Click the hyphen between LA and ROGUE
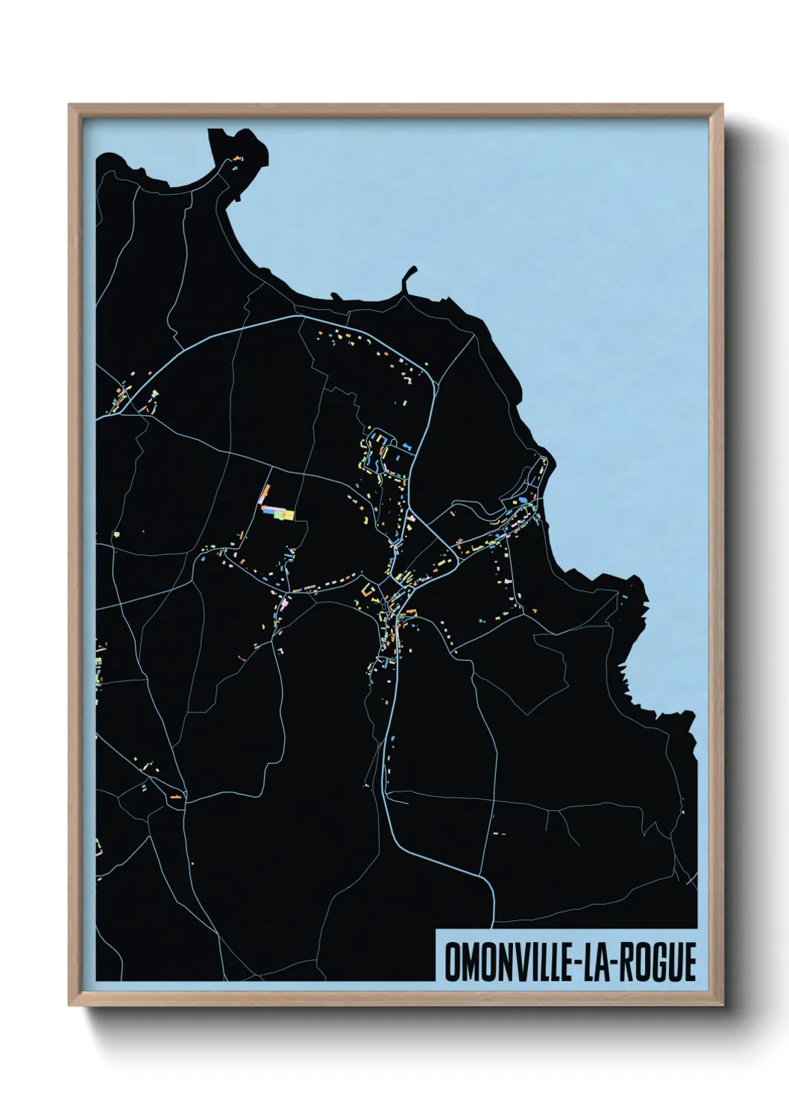[623, 962]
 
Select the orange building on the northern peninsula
[237, 159]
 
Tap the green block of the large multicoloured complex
[279, 513]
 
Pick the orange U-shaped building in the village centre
[366, 590]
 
